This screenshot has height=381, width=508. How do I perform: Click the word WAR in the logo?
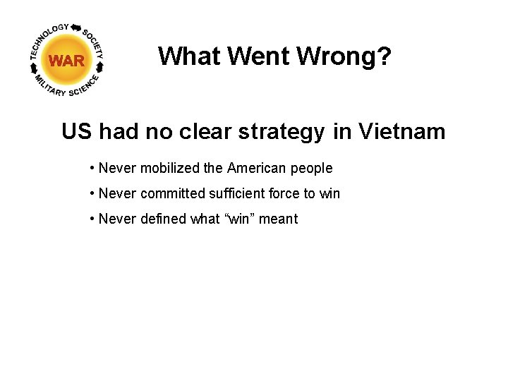pos(67,61)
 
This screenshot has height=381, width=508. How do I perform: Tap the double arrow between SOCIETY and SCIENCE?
pos(100,68)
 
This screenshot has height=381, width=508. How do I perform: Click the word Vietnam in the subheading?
pos(402,131)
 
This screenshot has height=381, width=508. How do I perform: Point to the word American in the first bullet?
pos(254,168)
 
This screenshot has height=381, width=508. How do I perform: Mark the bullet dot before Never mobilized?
pos(92,169)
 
